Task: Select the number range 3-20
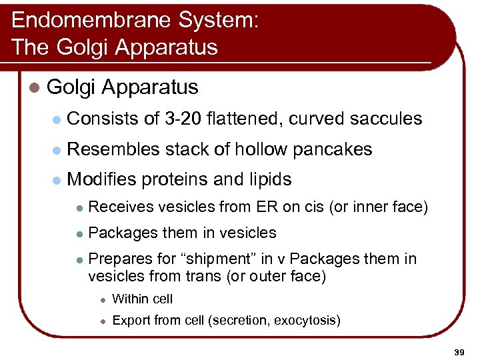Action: coord(181,119)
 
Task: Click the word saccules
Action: coord(386,119)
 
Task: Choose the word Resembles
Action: coord(113,149)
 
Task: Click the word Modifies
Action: coord(103,179)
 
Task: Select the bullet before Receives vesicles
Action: coord(78,208)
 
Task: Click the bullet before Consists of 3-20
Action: coord(57,119)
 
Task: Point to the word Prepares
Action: coord(115,259)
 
